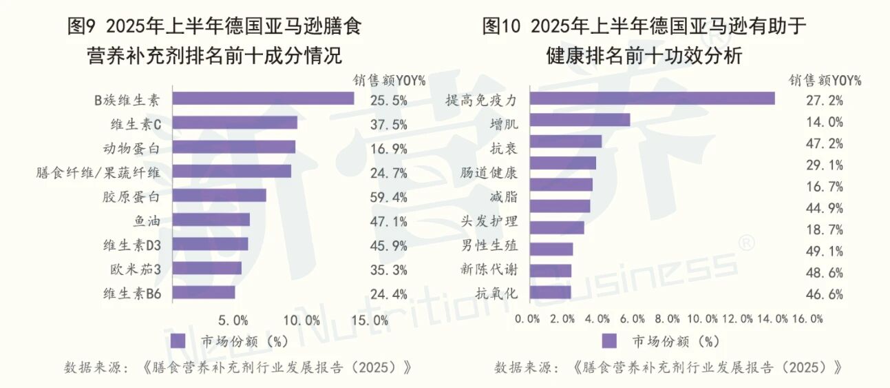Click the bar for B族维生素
click(x=263, y=99)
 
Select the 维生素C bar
click(x=235, y=123)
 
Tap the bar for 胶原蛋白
click(x=219, y=196)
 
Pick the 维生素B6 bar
click(x=204, y=292)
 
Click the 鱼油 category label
click(x=147, y=221)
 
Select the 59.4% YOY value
click(x=389, y=196)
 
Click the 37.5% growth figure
click(x=389, y=124)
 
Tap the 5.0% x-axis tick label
click(x=233, y=320)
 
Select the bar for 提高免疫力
click(x=652, y=99)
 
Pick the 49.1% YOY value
click(x=825, y=251)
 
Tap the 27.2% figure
click(x=825, y=101)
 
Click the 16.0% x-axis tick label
click(x=807, y=318)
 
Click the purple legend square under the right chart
click(x=608, y=341)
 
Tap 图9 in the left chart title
click(x=85, y=28)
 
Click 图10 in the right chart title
click(x=503, y=28)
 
